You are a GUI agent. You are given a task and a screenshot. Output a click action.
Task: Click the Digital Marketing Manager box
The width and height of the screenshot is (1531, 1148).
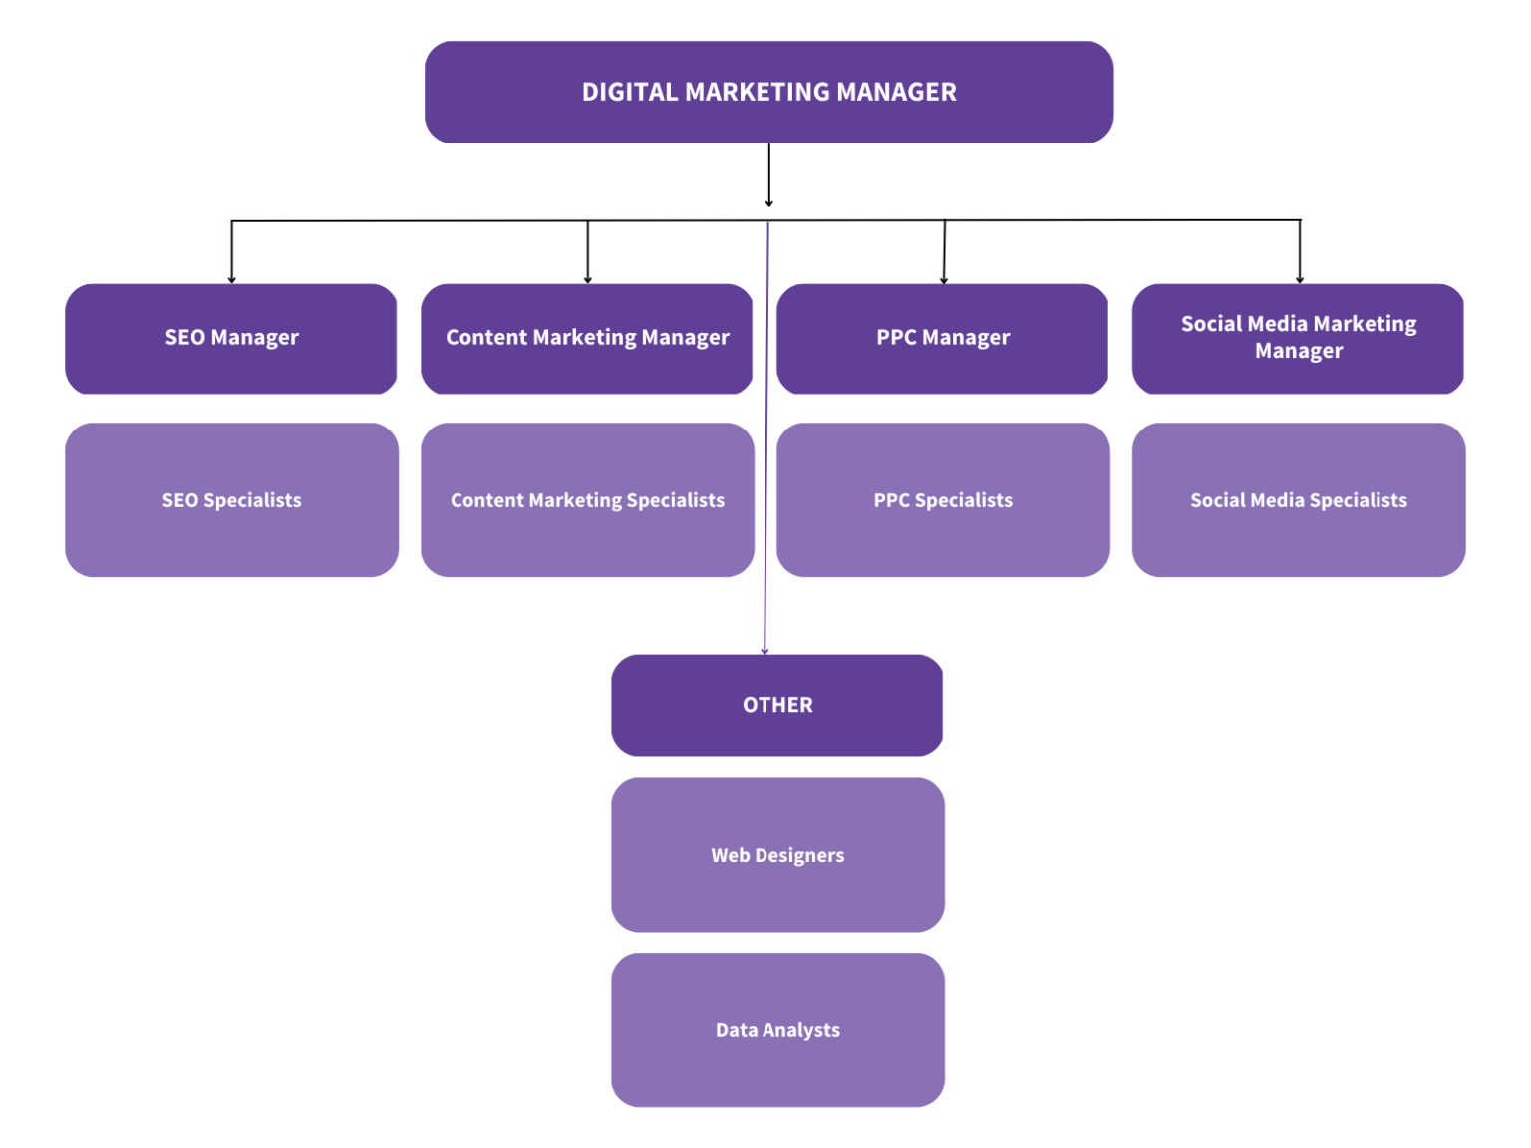pyautogui.click(x=768, y=92)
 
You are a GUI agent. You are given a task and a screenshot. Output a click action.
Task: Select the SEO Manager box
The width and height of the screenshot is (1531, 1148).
pyautogui.click(x=231, y=338)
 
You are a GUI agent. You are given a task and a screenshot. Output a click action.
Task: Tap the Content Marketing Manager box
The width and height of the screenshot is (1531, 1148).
pyautogui.click(x=587, y=338)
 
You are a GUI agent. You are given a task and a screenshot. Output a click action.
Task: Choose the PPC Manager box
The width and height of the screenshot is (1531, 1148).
pyautogui.click(x=943, y=338)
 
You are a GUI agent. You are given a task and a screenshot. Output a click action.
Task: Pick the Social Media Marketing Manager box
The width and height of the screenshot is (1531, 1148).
pyautogui.click(x=1298, y=338)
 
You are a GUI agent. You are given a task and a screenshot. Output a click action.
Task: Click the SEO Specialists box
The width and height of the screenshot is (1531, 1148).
pyautogui.click(x=231, y=499)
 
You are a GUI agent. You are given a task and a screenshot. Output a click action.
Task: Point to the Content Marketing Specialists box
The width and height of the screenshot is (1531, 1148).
pyautogui.click(x=587, y=499)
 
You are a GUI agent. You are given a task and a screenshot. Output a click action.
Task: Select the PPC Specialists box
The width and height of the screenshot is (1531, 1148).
pyautogui.click(x=943, y=499)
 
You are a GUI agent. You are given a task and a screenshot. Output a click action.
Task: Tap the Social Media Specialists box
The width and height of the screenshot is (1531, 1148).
pyautogui.click(x=1298, y=499)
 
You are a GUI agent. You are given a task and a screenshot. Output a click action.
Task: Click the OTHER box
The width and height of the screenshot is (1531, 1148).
pyautogui.click(x=777, y=705)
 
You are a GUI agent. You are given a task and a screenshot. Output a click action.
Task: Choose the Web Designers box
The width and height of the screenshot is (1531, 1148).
pyautogui.click(x=777, y=855)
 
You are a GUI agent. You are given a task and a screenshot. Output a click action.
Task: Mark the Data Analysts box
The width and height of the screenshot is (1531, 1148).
pyautogui.click(x=777, y=1029)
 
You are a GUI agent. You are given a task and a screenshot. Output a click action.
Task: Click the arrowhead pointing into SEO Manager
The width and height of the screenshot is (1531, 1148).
pyautogui.click(x=232, y=280)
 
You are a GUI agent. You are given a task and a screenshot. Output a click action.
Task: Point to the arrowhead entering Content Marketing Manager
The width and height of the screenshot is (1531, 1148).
pyautogui.click(x=588, y=280)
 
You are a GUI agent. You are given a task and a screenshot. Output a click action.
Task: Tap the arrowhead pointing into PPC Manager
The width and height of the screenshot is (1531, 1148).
pyautogui.click(x=944, y=280)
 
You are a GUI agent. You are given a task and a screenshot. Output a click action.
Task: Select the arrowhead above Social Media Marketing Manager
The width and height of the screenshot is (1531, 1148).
pyautogui.click(x=1300, y=280)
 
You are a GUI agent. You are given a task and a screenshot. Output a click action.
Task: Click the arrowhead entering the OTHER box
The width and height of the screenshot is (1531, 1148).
pyautogui.click(x=765, y=651)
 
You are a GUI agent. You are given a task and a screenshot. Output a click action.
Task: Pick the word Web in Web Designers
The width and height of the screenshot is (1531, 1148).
pyautogui.click(x=730, y=855)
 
